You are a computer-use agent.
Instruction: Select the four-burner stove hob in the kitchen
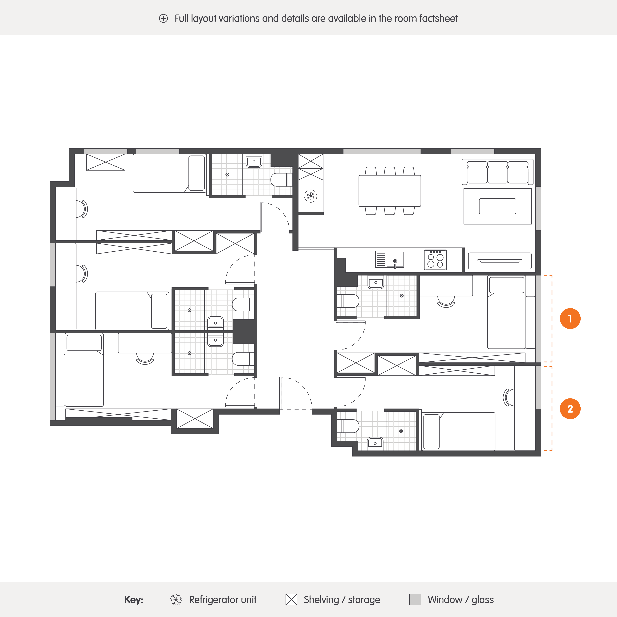coord(435,260)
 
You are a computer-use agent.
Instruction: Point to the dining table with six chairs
coord(390,191)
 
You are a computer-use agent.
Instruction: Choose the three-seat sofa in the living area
coord(497,172)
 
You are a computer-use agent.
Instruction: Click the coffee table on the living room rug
coord(497,206)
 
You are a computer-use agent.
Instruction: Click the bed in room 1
coord(507,312)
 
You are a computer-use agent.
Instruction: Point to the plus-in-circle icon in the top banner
coord(163,19)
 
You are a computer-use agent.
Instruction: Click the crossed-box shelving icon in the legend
coord(291,599)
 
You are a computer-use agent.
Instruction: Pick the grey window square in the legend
coord(415,599)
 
